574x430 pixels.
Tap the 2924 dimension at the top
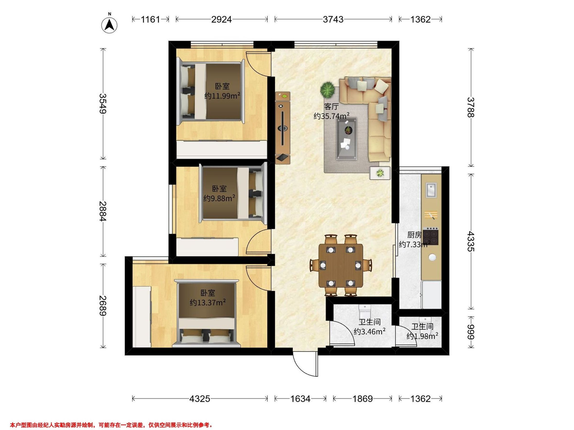(x=221, y=19)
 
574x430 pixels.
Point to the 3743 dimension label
(x=333, y=19)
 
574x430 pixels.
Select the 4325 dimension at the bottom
(x=199, y=399)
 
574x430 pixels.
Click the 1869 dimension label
(x=363, y=399)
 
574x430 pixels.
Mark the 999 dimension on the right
(x=470, y=332)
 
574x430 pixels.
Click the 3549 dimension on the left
(x=103, y=103)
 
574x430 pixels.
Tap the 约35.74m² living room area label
(x=331, y=116)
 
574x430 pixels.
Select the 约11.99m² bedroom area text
(x=222, y=96)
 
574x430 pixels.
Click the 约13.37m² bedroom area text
(x=208, y=302)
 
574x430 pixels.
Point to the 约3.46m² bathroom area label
(x=370, y=331)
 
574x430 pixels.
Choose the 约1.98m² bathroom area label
(x=422, y=336)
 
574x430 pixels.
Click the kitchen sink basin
(x=431, y=190)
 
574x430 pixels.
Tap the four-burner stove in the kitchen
(x=431, y=236)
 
